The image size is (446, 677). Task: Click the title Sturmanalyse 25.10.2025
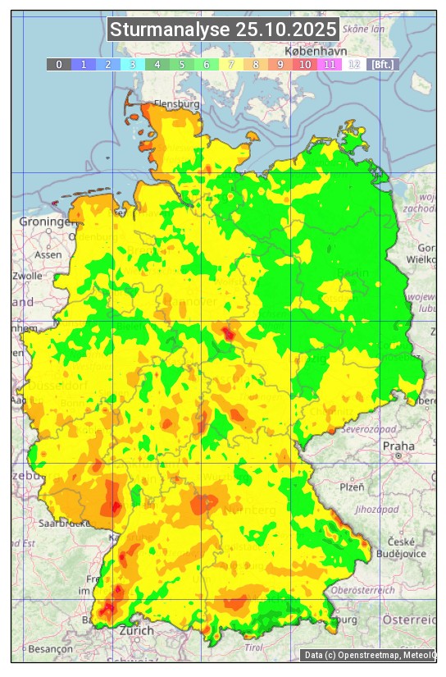point(223,30)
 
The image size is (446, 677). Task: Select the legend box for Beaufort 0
point(59,64)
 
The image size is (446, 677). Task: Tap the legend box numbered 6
point(207,64)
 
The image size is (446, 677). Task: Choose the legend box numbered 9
point(280,64)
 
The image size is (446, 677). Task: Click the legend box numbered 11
point(330,64)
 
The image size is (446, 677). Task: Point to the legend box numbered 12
point(354,64)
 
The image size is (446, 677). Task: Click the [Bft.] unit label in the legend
point(381,64)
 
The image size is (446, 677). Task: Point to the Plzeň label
point(352,487)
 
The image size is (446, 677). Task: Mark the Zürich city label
point(136,630)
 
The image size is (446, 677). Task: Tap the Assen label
point(49,254)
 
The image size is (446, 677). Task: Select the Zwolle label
point(26,276)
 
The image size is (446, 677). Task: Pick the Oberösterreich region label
point(363,590)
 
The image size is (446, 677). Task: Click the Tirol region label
point(253,647)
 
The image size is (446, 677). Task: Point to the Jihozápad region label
point(375,510)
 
